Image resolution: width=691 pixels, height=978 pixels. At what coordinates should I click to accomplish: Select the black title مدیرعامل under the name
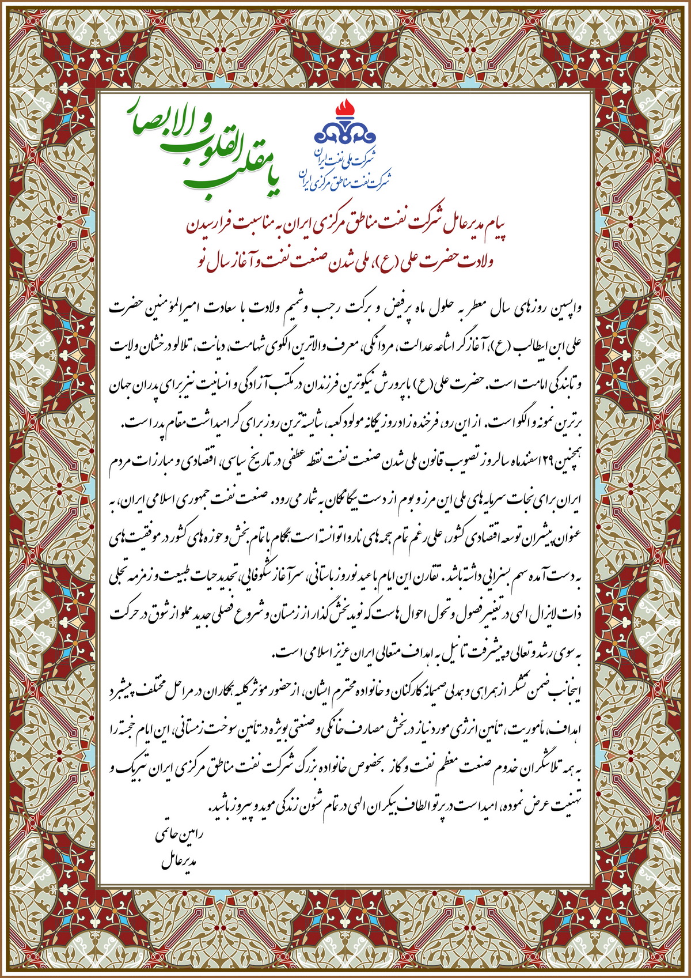180,862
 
